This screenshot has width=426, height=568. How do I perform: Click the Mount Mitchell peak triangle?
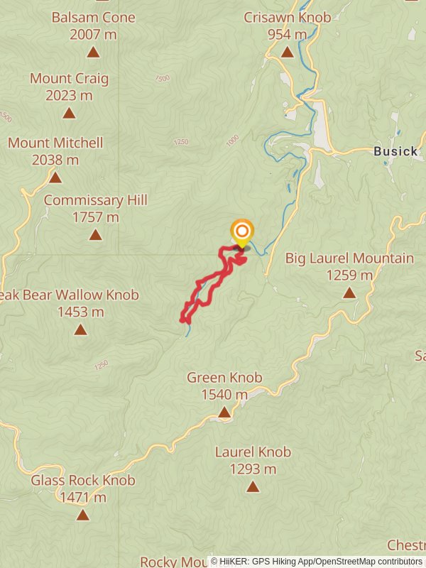55,177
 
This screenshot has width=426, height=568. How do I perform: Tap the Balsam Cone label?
93,16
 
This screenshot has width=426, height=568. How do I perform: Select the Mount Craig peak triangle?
69,113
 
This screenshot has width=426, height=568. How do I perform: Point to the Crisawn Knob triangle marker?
287,52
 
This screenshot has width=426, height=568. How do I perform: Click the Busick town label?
395,151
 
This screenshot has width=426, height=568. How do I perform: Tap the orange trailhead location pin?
242,232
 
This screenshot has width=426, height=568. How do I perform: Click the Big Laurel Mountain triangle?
349,293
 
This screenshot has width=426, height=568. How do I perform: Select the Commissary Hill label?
95,200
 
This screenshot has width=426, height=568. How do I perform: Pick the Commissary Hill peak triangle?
95,234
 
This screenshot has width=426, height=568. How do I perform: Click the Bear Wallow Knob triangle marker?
80,329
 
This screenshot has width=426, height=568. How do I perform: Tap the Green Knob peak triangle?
224,412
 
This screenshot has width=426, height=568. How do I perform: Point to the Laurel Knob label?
253,452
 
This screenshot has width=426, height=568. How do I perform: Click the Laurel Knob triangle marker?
253,486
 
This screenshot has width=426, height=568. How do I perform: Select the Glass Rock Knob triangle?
83,515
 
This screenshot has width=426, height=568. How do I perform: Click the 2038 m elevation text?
55,160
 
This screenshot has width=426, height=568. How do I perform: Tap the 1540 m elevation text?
224,394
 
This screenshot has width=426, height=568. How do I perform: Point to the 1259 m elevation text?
349,275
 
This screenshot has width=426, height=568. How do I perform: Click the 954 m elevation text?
287,34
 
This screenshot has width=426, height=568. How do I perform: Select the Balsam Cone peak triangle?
93,52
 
